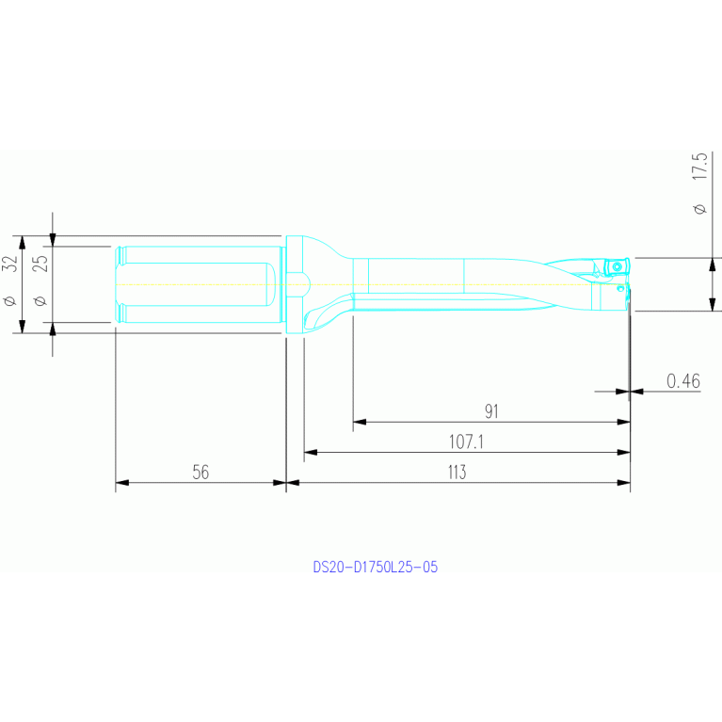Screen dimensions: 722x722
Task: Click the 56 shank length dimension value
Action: tap(201, 472)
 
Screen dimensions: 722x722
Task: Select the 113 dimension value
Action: tap(457, 472)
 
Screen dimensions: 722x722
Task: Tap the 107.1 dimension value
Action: tap(466, 441)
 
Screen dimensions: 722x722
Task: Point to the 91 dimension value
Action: tap(491, 411)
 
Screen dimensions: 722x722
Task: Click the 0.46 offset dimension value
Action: tap(683, 381)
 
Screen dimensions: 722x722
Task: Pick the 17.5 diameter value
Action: tap(699, 167)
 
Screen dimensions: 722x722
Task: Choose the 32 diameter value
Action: tap(10, 264)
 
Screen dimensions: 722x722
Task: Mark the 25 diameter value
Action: tap(41, 264)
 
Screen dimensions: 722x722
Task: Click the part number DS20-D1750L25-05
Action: tap(376, 567)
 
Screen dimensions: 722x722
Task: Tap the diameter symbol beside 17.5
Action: tap(699, 209)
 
